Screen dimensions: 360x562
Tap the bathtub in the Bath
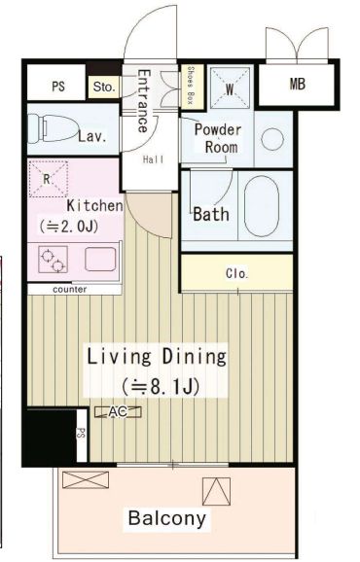[x=262, y=206]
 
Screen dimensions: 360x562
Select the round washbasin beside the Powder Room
[x=272, y=139]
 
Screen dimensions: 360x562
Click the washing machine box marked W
[x=230, y=88]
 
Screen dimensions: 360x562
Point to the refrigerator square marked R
[x=48, y=179]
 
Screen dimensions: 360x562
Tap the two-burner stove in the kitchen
[x=54, y=260]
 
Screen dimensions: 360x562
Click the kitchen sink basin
[x=100, y=259]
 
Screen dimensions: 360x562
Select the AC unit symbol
[x=118, y=412]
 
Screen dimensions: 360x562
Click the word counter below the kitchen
[x=69, y=289]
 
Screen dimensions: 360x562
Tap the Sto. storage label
[x=104, y=87]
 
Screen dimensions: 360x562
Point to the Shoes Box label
[x=191, y=86]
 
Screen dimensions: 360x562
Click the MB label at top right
[x=298, y=84]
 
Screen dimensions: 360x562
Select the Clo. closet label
[x=237, y=274]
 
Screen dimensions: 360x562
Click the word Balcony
[x=167, y=518]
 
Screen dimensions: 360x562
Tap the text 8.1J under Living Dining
[x=167, y=387]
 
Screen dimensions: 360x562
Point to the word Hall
[x=154, y=159]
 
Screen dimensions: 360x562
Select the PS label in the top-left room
[x=58, y=87]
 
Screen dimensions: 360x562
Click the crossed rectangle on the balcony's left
[x=86, y=480]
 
